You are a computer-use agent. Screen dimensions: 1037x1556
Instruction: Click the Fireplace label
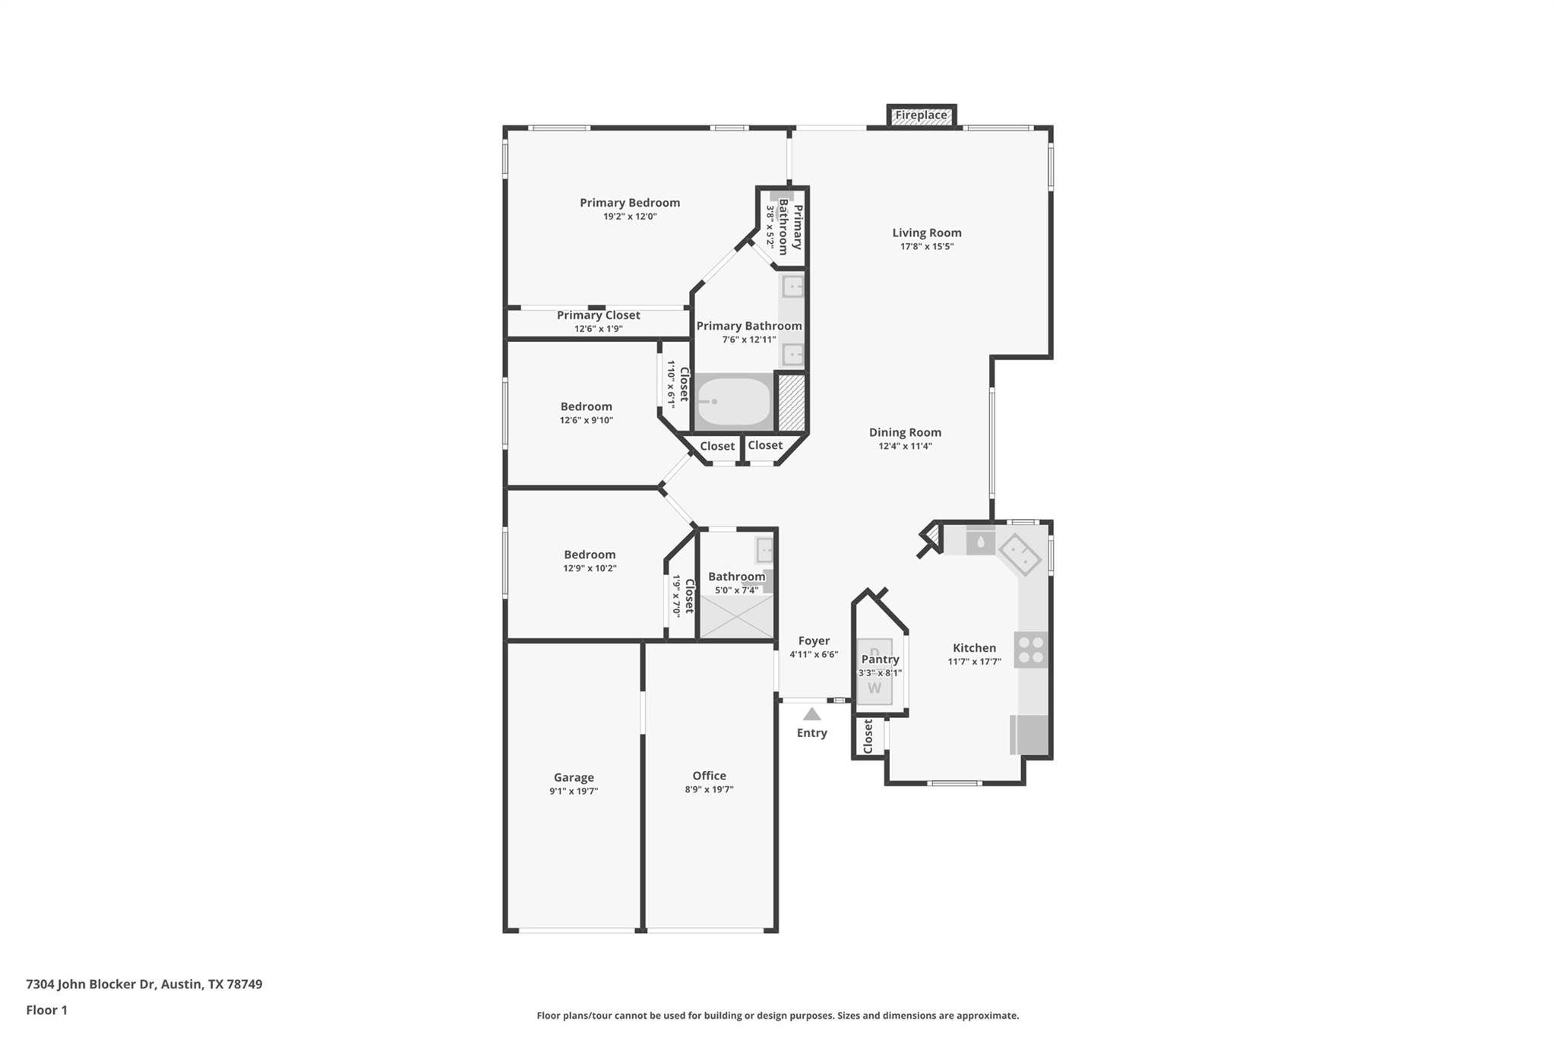(x=921, y=115)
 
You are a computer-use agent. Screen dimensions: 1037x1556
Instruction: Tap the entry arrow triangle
(x=812, y=714)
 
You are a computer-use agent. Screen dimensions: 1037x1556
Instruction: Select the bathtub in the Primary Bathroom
(x=734, y=402)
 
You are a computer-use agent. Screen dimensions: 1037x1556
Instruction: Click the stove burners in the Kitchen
(x=1031, y=650)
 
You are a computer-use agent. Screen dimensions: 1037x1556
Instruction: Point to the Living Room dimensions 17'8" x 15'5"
(x=926, y=247)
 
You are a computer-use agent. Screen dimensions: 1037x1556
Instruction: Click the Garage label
(x=574, y=777)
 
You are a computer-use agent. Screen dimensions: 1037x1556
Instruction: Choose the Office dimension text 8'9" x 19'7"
(x=709, y=789)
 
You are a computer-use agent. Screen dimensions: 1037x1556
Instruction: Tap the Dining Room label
(x=905, y=432)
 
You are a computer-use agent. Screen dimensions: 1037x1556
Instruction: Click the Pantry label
(x=880, y=659)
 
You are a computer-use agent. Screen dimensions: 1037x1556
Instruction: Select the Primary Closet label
(x=598, y=315)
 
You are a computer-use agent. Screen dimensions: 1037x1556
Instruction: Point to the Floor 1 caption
(x=47, y=1010)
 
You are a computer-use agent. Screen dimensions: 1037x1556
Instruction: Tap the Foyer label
(x=814, y=640)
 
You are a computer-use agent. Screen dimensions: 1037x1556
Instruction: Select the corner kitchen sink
(x=1020, y=554)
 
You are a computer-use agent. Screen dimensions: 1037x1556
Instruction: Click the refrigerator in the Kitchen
(x=1030, y=735)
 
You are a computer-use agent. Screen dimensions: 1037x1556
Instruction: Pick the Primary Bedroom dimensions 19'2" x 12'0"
(x=630, y=217)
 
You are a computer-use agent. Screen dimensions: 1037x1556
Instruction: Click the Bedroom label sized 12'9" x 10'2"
(x=590, y=555)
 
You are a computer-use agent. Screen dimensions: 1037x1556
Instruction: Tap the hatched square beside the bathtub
(x=791, y=401)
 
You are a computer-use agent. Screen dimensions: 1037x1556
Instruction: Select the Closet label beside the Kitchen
(x=868, y=737)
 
